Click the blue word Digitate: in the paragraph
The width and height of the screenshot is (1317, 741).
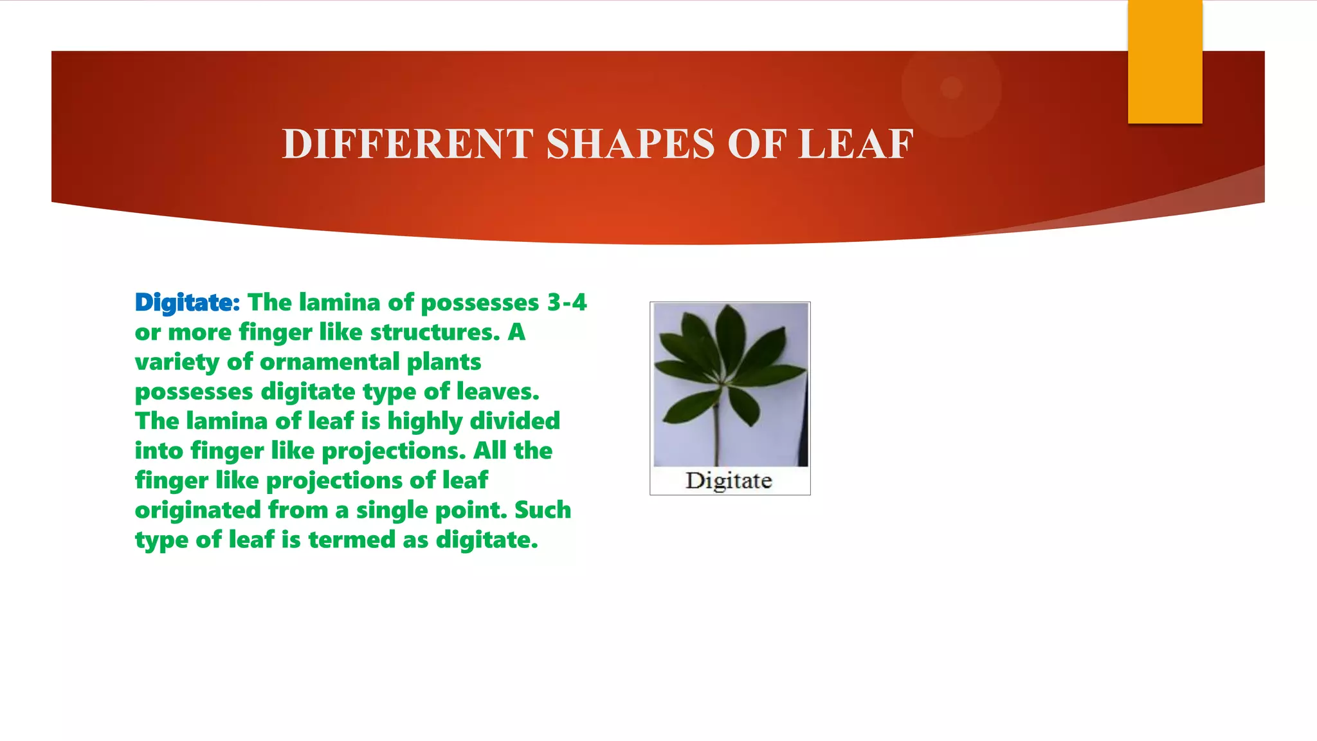[187, 302]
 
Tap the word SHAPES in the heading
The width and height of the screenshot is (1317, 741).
[630, 144]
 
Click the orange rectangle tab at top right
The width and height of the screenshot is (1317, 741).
[1165, 61]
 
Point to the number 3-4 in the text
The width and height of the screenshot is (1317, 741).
[567, 302]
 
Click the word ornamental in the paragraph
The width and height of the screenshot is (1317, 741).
[329, 361]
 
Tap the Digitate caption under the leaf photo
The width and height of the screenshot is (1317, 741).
[729, 481]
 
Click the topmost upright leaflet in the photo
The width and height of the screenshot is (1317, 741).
[729, 338]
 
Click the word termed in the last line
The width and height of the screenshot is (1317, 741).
[352, 540]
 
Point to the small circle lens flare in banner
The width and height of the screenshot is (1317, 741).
[951, 87]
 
